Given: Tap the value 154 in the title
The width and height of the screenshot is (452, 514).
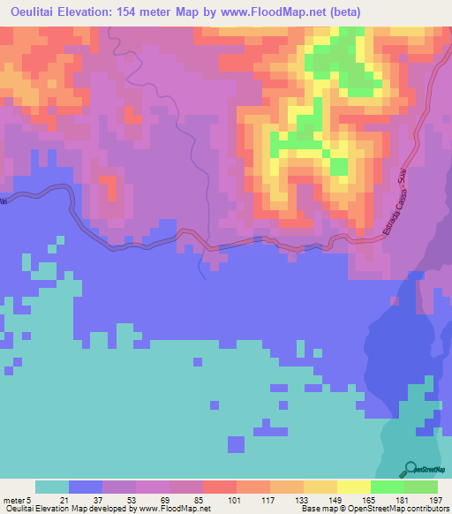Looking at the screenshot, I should (x=145, y=11).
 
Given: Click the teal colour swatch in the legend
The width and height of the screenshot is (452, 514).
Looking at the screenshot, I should (x=52, y=488).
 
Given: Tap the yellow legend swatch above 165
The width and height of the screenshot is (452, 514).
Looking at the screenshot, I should (x=353, y=488).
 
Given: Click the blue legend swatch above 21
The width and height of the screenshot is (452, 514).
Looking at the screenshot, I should (x=86, y=488).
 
